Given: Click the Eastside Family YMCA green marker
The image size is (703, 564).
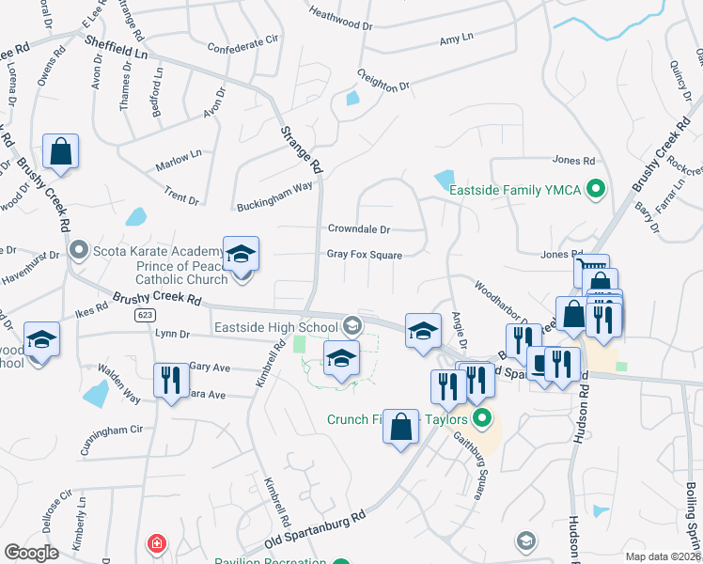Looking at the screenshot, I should (x=594, y=190).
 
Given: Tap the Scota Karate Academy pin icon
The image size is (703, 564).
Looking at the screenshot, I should (x=79, y=250).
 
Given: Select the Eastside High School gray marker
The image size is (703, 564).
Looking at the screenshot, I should (x=352, y=326).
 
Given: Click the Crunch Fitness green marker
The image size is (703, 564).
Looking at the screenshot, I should (x=482, y=419).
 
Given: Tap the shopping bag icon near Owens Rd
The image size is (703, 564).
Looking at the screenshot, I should (x=60, y=153).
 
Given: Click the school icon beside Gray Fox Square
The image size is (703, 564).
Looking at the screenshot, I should (x=241, y=255).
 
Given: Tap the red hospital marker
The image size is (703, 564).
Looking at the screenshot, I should (x=156, y=544).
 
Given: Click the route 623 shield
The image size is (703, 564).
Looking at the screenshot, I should (x=144, y=315).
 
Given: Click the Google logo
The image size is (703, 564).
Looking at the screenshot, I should (x=32, y=552).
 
